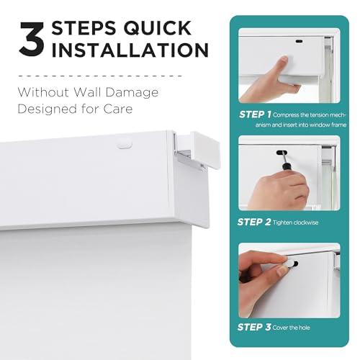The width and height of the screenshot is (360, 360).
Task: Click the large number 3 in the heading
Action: click(x=32, y=40)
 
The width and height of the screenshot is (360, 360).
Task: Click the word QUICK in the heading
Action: click(x=158, y=28)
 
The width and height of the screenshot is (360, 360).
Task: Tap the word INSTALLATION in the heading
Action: click(x=130, y=50)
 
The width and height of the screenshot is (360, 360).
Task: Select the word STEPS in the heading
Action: click(x=84, y=28)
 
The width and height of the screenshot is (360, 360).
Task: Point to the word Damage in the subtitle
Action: click(x=132, y=93)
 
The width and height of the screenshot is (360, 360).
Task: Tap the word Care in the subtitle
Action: click(x=118, y=109)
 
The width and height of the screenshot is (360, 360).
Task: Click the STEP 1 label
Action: click(x=255, y=114)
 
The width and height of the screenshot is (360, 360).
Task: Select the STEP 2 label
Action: click(x=254, y=222)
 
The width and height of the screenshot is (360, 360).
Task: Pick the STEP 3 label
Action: click(x=254, y=327)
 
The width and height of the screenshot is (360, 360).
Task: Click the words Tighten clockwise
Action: click(x=295, y=222)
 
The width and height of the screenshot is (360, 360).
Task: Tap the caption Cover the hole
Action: click(x=291, y=328)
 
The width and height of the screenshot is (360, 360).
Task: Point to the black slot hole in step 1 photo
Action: click(x=299, y=41)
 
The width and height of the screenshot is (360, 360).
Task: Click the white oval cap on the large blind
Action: click(x=124, y=144)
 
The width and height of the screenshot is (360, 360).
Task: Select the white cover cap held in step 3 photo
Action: click(x=290, y=264)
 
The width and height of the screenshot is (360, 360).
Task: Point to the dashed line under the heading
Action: click(x=100, y=76)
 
